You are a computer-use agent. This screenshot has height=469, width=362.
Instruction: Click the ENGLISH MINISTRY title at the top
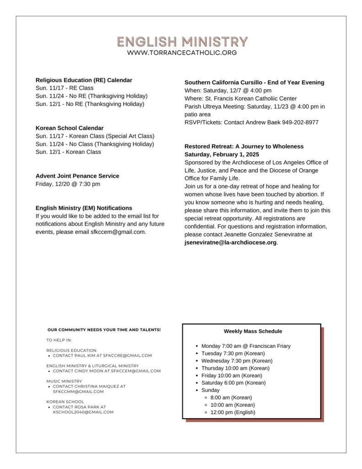tap(182, 42)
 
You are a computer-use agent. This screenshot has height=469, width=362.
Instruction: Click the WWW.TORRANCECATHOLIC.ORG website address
tap(182, 53)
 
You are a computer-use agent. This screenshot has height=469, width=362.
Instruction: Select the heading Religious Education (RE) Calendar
tap(84, 80)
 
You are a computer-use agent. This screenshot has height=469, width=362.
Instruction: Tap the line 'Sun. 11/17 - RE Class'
tap(65, 88)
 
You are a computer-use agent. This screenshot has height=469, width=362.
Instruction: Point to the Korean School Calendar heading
tap(70, 128)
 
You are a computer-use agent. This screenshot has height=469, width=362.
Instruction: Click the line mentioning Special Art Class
tap(95, 136)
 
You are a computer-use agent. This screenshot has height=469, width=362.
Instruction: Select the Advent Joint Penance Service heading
tap(77, 176)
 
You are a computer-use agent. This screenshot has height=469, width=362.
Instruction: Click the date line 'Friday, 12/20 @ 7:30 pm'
tap(68, 184)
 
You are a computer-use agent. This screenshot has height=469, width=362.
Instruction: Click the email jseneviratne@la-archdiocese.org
tap(231, 242)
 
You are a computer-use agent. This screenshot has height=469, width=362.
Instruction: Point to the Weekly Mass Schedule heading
tap(253, 331)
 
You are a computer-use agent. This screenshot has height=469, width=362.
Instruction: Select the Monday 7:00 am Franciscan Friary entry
tap(246, 346)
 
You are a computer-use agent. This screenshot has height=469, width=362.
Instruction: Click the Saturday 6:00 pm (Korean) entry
tap(233, 383)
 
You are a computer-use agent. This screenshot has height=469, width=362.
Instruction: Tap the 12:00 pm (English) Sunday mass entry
tap(233, 412)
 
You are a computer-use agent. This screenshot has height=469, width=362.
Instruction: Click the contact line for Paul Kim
tap(102, 355)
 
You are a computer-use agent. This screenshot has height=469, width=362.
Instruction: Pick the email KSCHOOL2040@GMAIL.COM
tap(83, 412)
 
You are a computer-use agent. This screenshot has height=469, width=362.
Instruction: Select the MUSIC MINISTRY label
tap(64, 381)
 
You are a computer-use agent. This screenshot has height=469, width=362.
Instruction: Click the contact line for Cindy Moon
tap(107, 371)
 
